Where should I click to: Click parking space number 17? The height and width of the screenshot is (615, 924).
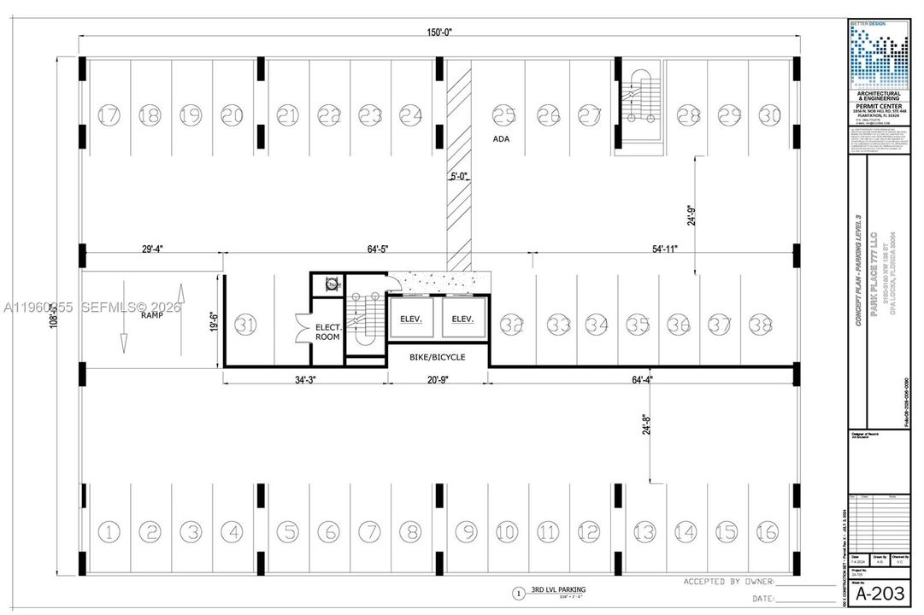(x=109, y=114)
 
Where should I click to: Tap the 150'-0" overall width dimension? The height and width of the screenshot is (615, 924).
(x=440, y=32)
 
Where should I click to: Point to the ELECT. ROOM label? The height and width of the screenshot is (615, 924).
(x=327, y=331)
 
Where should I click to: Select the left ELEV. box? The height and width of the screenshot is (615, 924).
(x=413, y=319)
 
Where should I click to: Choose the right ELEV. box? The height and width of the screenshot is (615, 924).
(x=462, y=319)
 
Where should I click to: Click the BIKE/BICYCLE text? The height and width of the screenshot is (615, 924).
(x=438, y=356)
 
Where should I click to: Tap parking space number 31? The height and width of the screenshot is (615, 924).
(x=246, y=325)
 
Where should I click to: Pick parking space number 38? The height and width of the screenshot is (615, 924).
(x=760, y=325)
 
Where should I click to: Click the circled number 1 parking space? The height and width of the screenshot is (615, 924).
(x=109, y=531)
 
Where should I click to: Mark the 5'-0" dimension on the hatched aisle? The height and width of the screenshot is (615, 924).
(x=462, y=177)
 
